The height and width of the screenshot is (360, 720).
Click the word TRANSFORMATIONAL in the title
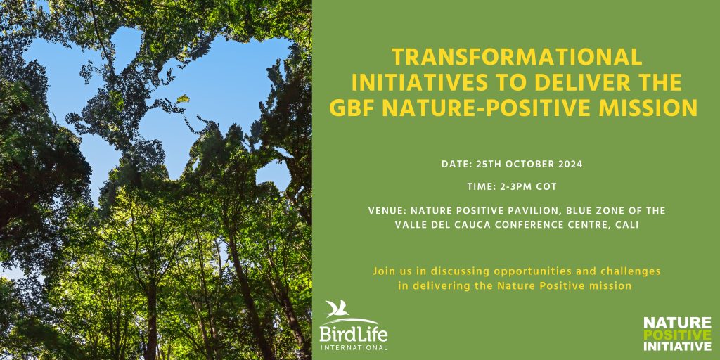(x=516, y=58)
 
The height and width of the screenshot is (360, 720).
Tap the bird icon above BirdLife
(x=337, y=309)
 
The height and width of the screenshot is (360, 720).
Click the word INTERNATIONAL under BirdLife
(x=354, y=347)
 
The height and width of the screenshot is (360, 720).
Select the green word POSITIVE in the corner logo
(x=677, y=334)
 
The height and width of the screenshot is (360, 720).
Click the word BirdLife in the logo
(x=354, y=333)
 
